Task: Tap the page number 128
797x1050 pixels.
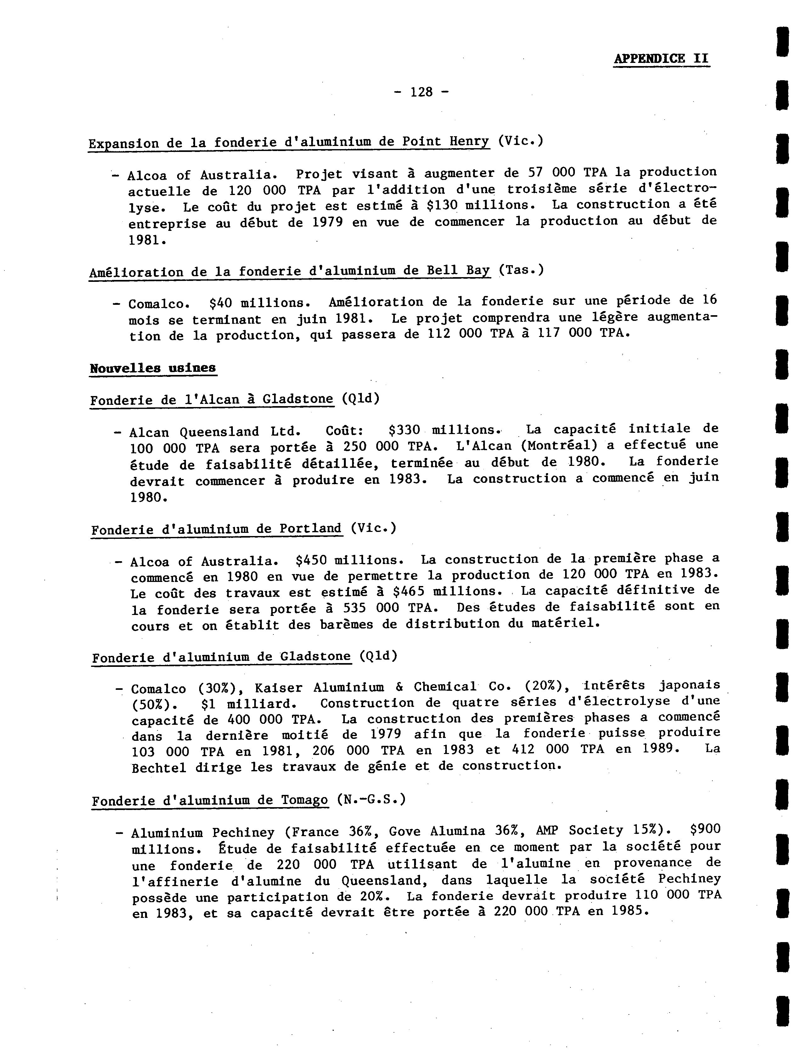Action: tap(421, 92)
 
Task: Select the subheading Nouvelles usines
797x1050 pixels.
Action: tap(153, 368)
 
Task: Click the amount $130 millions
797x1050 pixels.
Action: tap(480, 205)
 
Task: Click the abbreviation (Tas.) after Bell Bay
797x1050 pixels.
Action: tap(521, 270)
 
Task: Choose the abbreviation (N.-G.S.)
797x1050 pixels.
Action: tap(371, 800)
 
